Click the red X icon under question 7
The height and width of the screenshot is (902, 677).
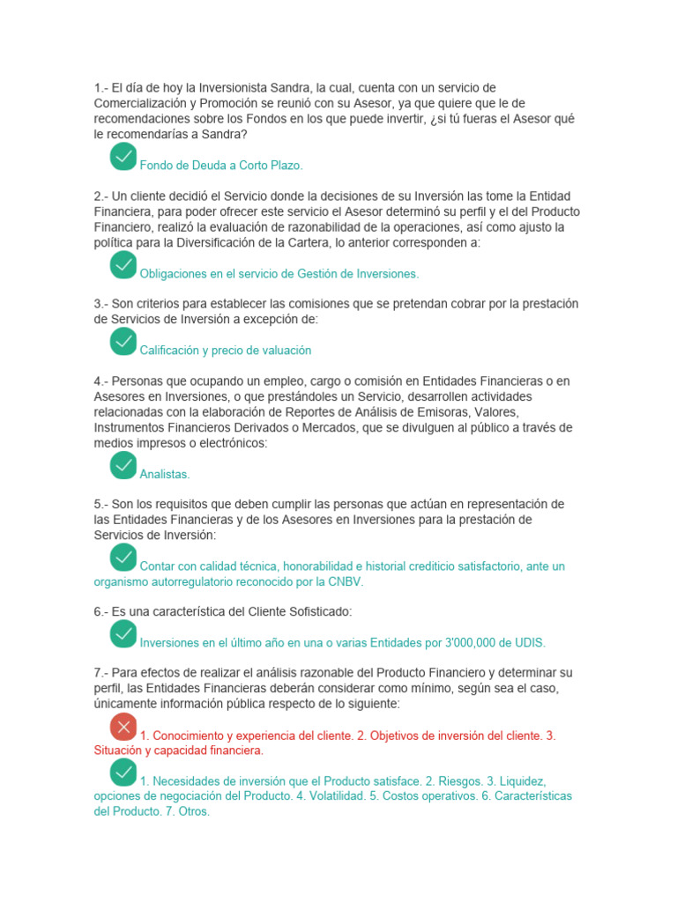point(123,727)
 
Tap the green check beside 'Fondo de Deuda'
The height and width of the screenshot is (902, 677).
point(123,157)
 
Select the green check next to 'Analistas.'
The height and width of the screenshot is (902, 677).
point(123,465)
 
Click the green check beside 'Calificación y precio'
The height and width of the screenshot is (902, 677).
point(123,342)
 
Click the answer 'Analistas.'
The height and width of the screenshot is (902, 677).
point(165,474)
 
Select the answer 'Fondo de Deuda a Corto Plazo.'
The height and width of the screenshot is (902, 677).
point(221,166)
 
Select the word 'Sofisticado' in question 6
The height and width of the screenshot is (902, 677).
point(320,611)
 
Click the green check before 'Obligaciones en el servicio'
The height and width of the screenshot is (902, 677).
point(123,264)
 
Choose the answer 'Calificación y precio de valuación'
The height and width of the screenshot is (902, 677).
point(226,351)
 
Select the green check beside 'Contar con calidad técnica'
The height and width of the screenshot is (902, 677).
point(123,557)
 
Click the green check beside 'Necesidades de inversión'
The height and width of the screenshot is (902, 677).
point(123,773)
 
